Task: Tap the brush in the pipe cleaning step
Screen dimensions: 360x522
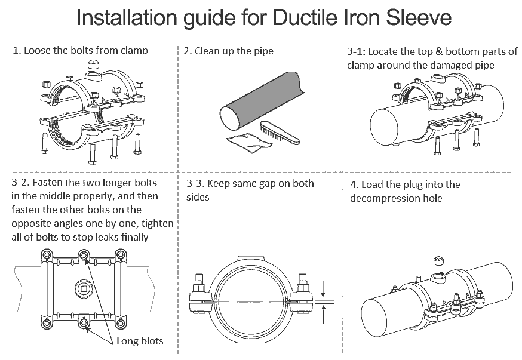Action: tap(280, 132)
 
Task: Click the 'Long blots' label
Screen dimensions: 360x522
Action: tap(140, 341)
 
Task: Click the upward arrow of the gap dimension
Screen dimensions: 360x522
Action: tap(323, 310)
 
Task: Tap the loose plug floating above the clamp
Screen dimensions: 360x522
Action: tap(437, 260)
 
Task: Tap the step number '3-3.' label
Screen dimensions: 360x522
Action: tap(197, 183)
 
